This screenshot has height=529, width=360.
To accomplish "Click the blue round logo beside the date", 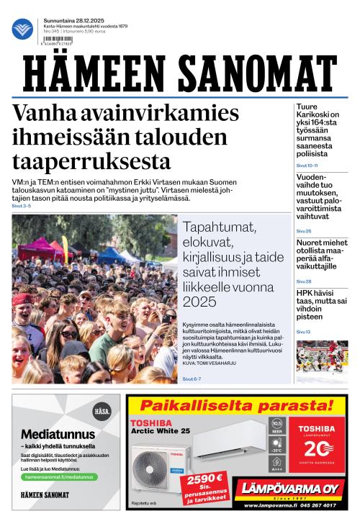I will click(22, 29).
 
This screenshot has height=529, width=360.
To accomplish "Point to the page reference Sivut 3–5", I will click(22, 206).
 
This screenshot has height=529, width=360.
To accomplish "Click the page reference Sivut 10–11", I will click(307, 166).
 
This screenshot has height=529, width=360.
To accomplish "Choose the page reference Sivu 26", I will click(304, 231).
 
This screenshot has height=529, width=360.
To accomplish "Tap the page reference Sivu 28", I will click(304, 281).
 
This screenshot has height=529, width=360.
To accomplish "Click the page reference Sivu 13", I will click(304, 332).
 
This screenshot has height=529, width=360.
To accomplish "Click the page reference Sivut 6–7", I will click(192, 379).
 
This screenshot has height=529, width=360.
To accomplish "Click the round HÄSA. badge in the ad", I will click(102, 412).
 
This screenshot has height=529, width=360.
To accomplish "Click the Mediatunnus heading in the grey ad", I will click(58, 434).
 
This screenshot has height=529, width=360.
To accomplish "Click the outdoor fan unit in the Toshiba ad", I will click(158, 468).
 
